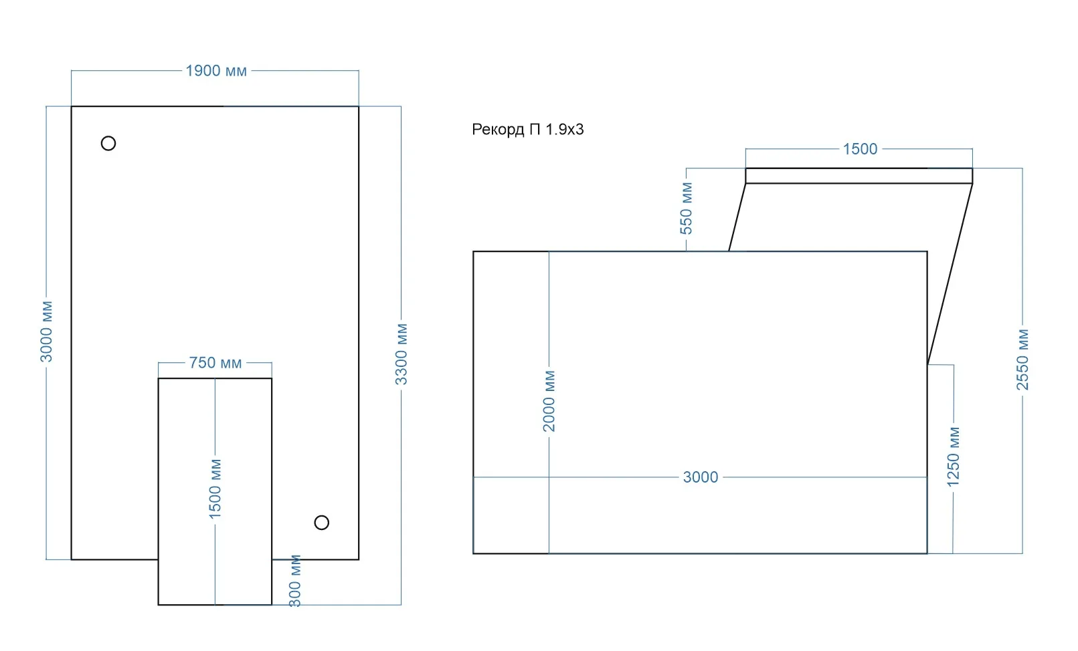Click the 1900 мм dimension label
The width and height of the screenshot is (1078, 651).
point(216,71)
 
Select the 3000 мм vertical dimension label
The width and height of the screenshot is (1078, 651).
point(47,332)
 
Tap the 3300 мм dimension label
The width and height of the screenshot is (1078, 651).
point(401,354)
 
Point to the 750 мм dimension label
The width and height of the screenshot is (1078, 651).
point(215,362)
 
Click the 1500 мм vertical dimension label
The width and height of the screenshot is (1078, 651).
point(215,489)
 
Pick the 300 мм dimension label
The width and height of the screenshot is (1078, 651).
point(294,581)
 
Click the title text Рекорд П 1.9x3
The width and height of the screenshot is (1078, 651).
point(527,130)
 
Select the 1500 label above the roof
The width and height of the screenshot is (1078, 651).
point(860,149)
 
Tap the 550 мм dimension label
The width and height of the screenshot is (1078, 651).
point(687,208)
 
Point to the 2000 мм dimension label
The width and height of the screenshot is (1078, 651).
point(549,401)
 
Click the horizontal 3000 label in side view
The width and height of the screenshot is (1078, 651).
point(701,477)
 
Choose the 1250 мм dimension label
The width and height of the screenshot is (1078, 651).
point(954,457)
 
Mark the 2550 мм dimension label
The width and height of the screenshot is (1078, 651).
point(1022,360)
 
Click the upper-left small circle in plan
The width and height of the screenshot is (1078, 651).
point(108,143)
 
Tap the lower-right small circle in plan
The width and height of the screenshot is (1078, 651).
point(321,523)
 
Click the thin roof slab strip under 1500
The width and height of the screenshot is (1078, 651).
point(859,176)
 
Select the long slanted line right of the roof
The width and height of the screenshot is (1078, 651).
point(950,274)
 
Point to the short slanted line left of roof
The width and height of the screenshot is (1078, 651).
point(737,217)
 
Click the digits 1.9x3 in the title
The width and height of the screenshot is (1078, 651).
point(565,130)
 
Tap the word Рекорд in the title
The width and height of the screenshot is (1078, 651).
point(498,130)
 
